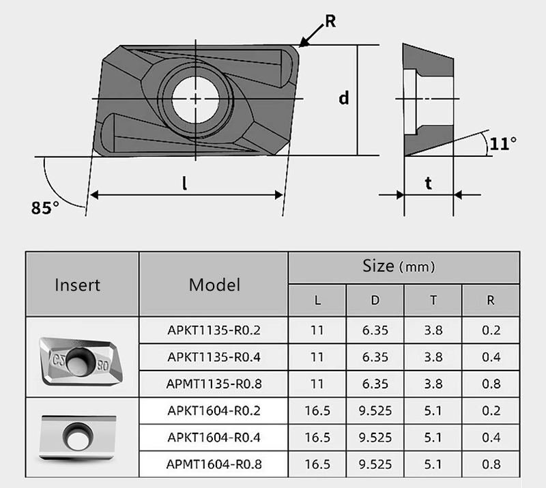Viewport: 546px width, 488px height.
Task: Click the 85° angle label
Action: click(45, 207)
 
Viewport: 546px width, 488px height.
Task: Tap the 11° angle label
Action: click(503, 143)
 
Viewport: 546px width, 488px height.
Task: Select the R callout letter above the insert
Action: click(330, 21)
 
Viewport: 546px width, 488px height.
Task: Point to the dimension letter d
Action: click(344, 98)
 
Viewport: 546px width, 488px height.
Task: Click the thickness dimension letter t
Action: click(429, 183)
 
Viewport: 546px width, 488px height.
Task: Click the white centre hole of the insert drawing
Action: click(196, 99)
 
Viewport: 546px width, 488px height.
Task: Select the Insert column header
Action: click(77, 285)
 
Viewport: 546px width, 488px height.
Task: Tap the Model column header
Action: click(214, 285)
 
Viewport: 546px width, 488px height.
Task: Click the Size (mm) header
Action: click(399, 266)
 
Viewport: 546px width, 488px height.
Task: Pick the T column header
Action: click(433, 300)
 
